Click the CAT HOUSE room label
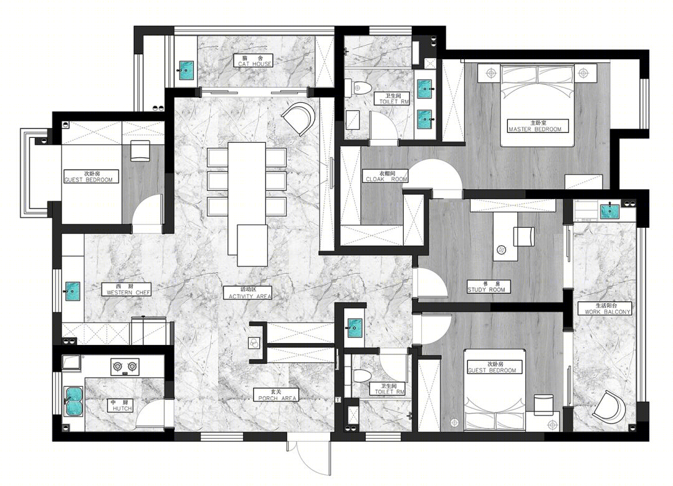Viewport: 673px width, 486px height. click(x=255, y=61)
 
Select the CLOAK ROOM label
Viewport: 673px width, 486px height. click(x=386, y=176)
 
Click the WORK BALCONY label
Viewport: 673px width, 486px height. click(x=606, y=309)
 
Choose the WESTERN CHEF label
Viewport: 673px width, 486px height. click(x=127, y=289)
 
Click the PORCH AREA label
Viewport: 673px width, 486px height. click(x=277, y=395)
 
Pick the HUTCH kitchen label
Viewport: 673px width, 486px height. click(x=120, y=406)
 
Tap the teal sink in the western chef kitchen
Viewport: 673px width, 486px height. click(x=72, y=291)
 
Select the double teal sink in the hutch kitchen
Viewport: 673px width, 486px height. click(x=73, y=401)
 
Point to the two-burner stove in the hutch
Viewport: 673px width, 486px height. click(x=125, y=367)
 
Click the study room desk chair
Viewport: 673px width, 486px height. click(x=524, y=236)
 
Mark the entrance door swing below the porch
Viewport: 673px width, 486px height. click(x=308, y=458)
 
